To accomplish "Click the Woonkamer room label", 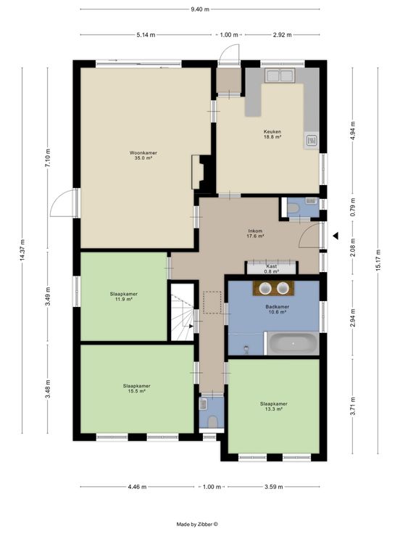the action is click(x=143, y=155).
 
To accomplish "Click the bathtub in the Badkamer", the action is click(x=293, y=344).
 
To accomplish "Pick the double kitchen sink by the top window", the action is click(x=280, y=75).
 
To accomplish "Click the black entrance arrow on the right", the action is click(x=336, y=235).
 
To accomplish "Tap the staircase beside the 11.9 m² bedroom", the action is click(x=182, y=312).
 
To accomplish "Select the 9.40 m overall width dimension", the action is click(x=200, y=9).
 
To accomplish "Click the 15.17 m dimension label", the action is click(x=378, y=260).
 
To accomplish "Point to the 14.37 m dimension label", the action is click(x=22, y=250).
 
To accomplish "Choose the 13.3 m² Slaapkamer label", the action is click(x=273, y=406).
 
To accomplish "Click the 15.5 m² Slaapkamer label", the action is click(x=136, y=389).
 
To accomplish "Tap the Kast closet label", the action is click(x=272, y=266).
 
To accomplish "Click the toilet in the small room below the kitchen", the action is click(x=293, y=208).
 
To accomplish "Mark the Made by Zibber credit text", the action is click(x=197, y=525).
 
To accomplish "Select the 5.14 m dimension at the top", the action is click(x=146, y=35).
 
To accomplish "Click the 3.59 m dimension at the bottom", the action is click(x=273, y=487).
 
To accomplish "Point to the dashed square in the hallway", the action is click(x=212, y=303).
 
